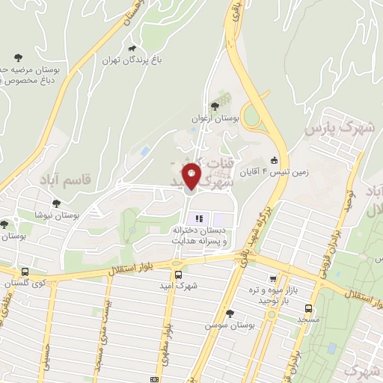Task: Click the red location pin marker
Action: tap(191, 177)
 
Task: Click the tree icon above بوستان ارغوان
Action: tap(216, 106)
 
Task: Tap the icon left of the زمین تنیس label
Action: tap(274, 159)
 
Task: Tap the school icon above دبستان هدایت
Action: tap(199, 218)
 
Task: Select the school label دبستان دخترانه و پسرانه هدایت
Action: tap(199, 237)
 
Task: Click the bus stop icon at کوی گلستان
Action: tap(25, 272)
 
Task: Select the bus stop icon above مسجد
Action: tap(308, 307)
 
